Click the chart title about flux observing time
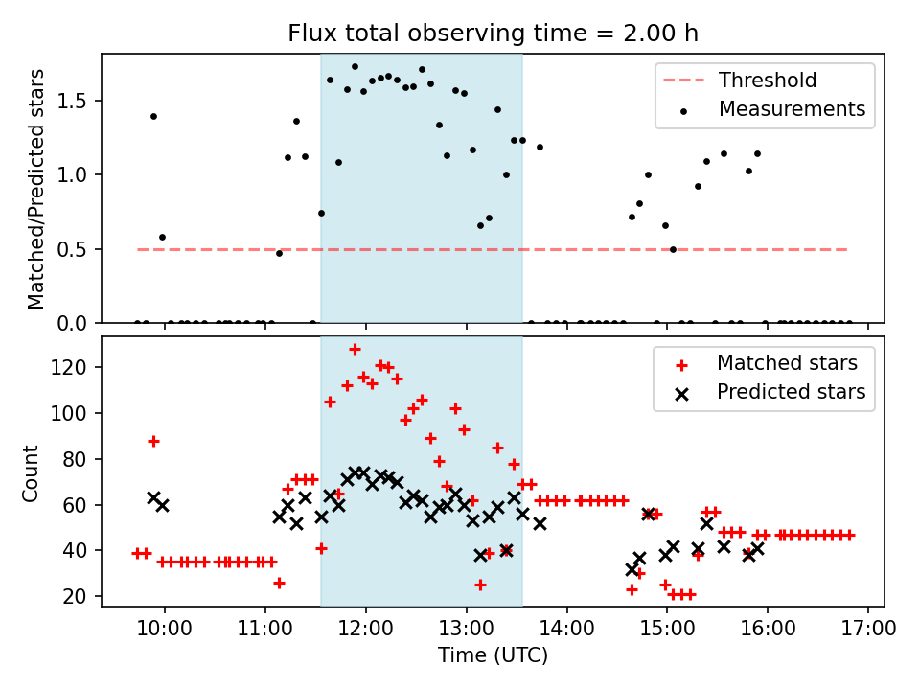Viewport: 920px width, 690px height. click(493, 33)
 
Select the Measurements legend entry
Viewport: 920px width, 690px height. click(772, 109)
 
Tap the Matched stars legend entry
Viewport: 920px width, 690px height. click(767, 363)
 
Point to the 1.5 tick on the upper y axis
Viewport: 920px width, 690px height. click(72, 101)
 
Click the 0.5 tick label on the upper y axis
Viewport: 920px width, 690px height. click(72, 250)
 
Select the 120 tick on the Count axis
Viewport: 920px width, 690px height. click(69, 367)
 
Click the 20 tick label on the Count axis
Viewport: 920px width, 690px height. click(75, 597)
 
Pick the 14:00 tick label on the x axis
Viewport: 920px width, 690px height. click(566, 629)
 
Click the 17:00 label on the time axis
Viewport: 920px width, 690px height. click(868, 629)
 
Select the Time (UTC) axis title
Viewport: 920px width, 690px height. click(493, 655)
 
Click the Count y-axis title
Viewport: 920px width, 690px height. click(30, 473)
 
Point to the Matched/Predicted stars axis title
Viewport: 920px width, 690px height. click(35, 189)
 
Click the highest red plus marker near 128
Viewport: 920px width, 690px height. click(355, 350)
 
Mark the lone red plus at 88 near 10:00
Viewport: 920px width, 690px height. click(153, 441)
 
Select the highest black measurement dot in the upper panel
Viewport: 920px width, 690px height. click(355, 67)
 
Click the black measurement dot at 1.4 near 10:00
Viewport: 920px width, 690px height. click(153, 116)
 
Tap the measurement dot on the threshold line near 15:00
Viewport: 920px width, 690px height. click(673, 250)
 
